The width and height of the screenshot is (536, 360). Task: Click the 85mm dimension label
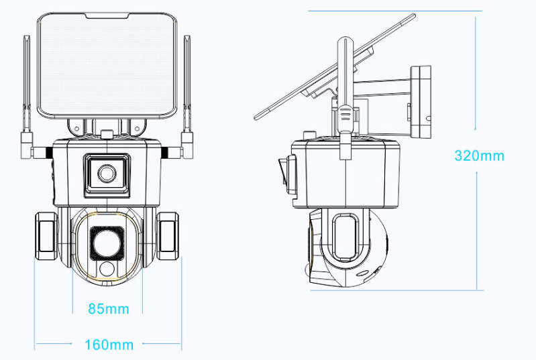[x=109, y=309]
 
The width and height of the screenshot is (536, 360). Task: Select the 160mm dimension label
[x=109, y=345]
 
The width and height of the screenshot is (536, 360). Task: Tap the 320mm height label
[x=479, y=156]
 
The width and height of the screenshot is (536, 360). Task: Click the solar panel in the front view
[x=107, y=66]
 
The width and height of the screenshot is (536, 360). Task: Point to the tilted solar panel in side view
[x=335, y=66]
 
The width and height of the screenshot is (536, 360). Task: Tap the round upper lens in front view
[x=107, y=174]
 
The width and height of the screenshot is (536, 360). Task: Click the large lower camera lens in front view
[x=107, y=243]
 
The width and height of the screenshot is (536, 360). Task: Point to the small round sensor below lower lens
[x=107, y=269]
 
